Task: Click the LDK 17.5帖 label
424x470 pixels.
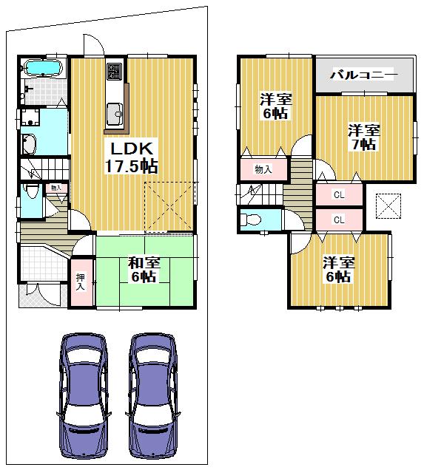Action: click(x=134, y=155)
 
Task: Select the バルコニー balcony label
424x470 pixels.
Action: click(x=363, y=75)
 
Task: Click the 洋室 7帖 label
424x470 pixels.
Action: click(x=364, y=137)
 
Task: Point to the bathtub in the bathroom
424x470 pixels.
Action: click(x=45, y=69)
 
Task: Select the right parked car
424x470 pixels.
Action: click(x=154, y=395)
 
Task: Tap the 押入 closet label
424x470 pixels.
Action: click(x=81, y=282)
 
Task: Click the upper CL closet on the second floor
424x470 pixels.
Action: click(x=339, y=195)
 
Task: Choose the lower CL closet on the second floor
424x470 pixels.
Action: click(x=339, y=219)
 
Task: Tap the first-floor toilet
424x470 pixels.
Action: click(x=30, y=196)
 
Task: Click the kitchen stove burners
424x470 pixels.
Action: click(x=115, y=72)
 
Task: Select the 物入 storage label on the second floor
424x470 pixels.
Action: click(x=263, y=169)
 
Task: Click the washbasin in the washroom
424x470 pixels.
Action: click(x=29, y=144)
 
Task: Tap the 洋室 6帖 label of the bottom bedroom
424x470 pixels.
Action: click(x=337, y=270)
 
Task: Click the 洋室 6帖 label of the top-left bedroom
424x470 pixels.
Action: click(x=275, y=107)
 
